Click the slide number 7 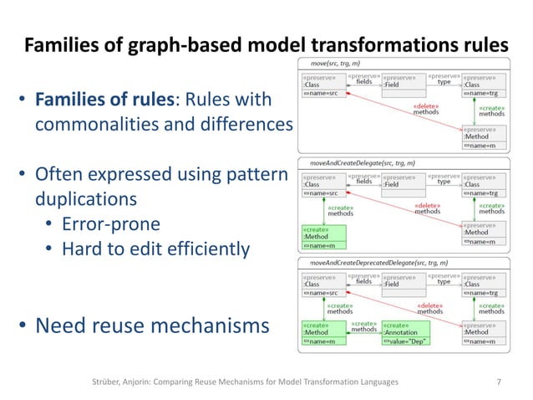pyautogui.click(x=499, y=381)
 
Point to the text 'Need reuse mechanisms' pyautogui.click(x=151, y=325)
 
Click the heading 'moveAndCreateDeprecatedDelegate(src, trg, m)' pyautogui.click(x=378, y=262)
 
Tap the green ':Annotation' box pyautogui.click(x=402, y=333)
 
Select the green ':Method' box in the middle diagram pyautogui.click(x=322, y=237)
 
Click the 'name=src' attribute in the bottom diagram pyautogui.click(x=322, y=293)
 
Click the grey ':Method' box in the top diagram pyautogui.click(x=482, y=136)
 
